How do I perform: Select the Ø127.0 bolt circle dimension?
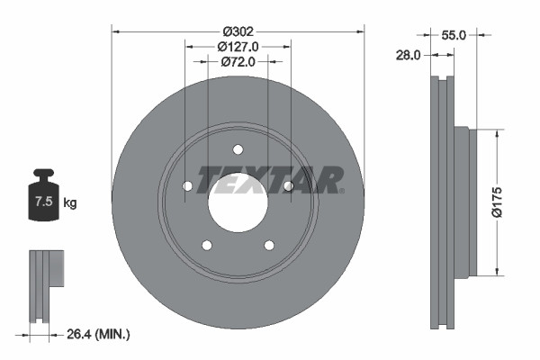click(x=238, y=46)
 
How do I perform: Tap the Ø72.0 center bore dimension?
click(x=238, y=62)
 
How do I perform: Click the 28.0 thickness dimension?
click(x=409, y=55)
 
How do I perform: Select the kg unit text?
click(x=70, y=203)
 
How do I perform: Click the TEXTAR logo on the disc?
click(x=270, y=178)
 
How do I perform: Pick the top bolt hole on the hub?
click(x=238, y=149)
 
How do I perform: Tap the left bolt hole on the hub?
click(x=188, y=186)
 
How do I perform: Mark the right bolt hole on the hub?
click(x=288, y=186)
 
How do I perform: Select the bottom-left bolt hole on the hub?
click(x=207, y=245)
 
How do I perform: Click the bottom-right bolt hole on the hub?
click(x=268, y=245)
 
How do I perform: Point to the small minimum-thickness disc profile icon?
click(x=46, y=283)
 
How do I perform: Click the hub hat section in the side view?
click(x=461, y=202)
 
